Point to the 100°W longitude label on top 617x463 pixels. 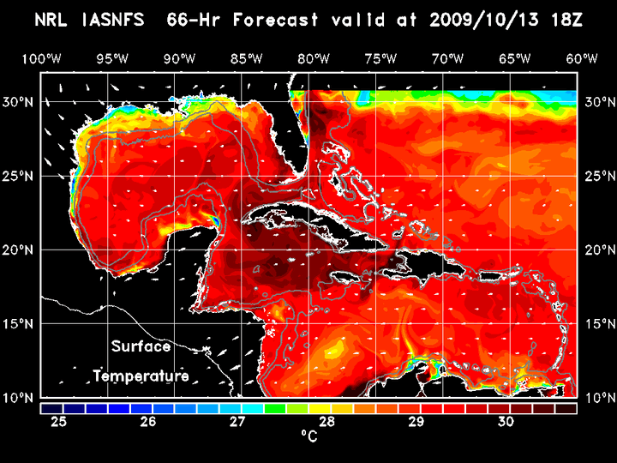(40, 58)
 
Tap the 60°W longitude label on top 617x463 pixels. (582, 58)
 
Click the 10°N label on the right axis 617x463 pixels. (598, 398)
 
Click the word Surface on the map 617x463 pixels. (141, 347)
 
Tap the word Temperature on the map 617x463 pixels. (141, 376)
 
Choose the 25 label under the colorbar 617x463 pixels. (59, 421)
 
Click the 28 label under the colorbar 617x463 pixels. (326, 421)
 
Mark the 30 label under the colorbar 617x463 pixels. (505, 421)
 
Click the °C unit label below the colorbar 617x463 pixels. (308, 436)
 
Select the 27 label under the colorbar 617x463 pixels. (237, 421)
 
